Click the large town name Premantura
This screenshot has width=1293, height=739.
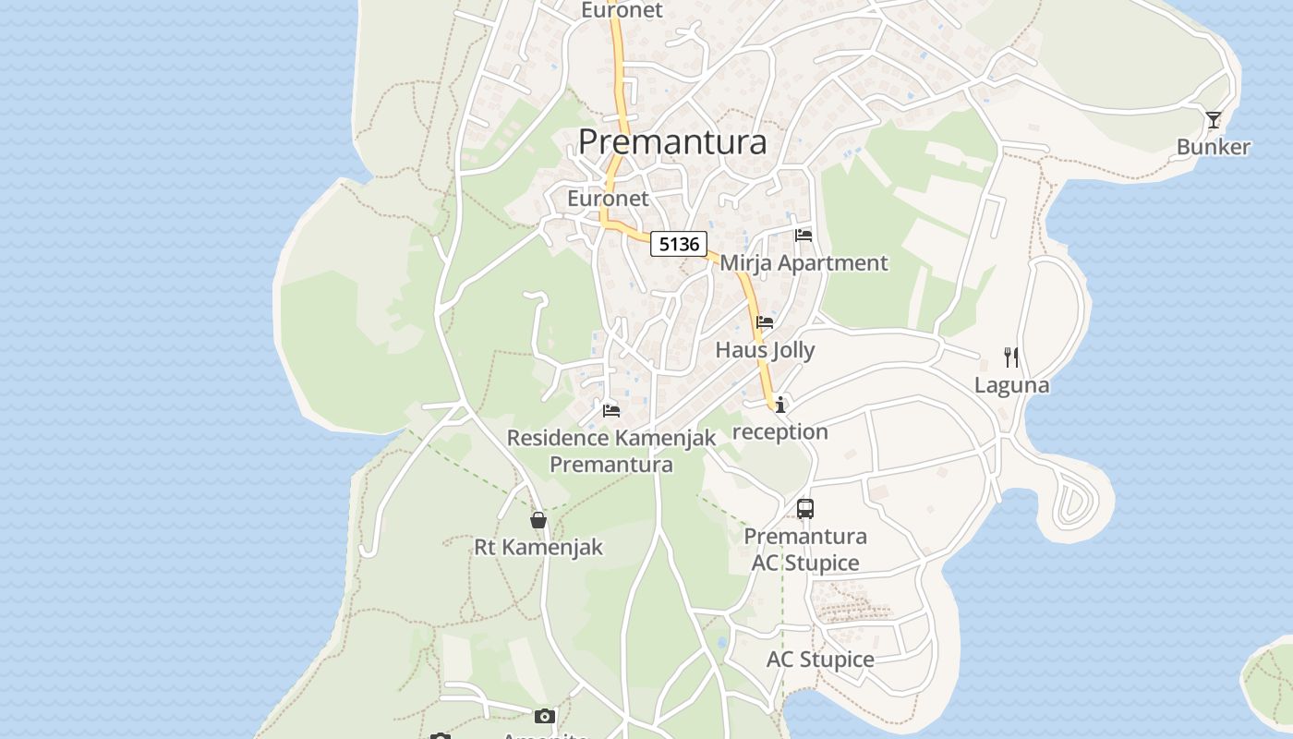[672, 142]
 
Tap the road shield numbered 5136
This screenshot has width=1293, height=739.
[679, 244]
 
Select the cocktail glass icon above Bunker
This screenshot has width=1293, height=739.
[1213, 120]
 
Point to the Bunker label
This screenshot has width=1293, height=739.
[1213, 147]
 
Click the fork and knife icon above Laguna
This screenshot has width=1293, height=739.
[1011, 357]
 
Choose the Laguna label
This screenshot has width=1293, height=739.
[1011, 385]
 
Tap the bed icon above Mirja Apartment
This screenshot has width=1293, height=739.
[804, 236]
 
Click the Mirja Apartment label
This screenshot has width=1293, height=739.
[804, 263]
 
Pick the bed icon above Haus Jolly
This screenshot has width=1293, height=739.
[765, 322]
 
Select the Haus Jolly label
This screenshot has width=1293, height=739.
[765, 350]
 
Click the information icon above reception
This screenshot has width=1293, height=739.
[780, 405]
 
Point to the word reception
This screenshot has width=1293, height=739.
[780, 432]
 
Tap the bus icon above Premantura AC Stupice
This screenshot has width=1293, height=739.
[805, 508]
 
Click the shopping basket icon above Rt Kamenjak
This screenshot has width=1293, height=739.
[538, 520]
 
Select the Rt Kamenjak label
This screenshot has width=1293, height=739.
[538, 547]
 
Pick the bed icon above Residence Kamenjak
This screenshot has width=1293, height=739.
[610, 410]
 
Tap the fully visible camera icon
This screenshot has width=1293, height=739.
[545, 716]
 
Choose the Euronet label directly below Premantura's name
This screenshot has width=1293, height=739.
[608, 199]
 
